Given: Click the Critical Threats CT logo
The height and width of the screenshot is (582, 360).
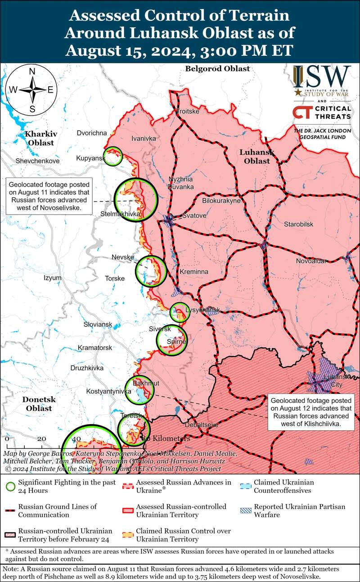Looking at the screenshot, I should (322, 112).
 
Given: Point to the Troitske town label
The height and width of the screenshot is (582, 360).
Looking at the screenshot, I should (187, 111).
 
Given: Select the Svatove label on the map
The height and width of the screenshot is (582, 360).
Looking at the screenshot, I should (194, 216).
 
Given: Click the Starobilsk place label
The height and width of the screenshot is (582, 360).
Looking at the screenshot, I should (298, 224).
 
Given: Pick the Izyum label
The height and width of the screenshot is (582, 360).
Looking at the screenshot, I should (52, 278).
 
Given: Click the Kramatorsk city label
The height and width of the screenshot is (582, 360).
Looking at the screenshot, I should (94, 348).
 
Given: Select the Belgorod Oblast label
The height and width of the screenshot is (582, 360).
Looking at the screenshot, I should (217, 69).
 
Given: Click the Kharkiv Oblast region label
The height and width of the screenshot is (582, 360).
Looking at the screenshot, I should (40, 139).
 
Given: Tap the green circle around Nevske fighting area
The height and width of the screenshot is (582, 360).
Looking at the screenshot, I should (151, 271).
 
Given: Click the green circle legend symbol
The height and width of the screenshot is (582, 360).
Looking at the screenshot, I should (10, 486).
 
